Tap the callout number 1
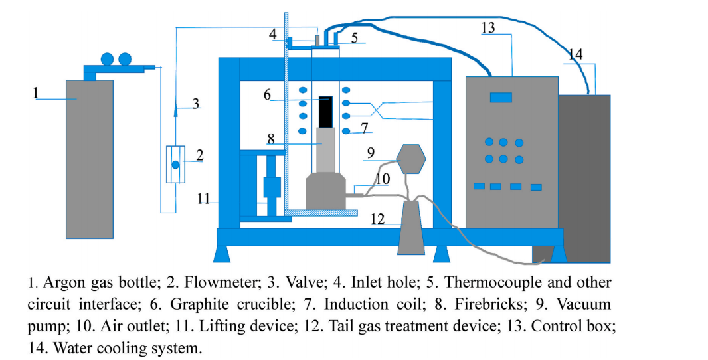click(36, 92)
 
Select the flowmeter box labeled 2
click(175, 164)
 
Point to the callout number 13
click(488, 27)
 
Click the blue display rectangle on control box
click(501, 98)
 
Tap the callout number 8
click(271, 139)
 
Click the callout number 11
click(203, 198)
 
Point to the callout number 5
click(355, 38)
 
